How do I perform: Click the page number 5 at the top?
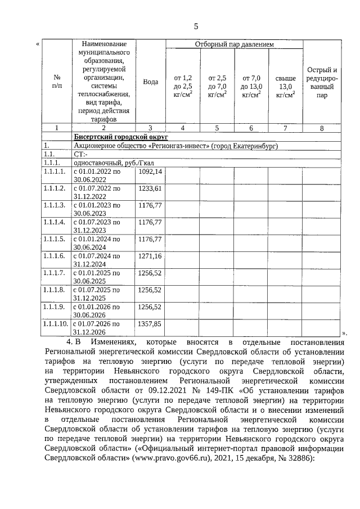point(196,26)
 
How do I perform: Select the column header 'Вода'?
point(150,82)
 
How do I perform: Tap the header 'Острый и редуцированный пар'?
point(322,82)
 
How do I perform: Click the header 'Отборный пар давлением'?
point(234,43)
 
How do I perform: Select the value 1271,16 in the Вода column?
point(150,256)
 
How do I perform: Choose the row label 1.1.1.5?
point(55,239)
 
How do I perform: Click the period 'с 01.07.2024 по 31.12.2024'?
point(97,260)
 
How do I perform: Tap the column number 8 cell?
point(322,128)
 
